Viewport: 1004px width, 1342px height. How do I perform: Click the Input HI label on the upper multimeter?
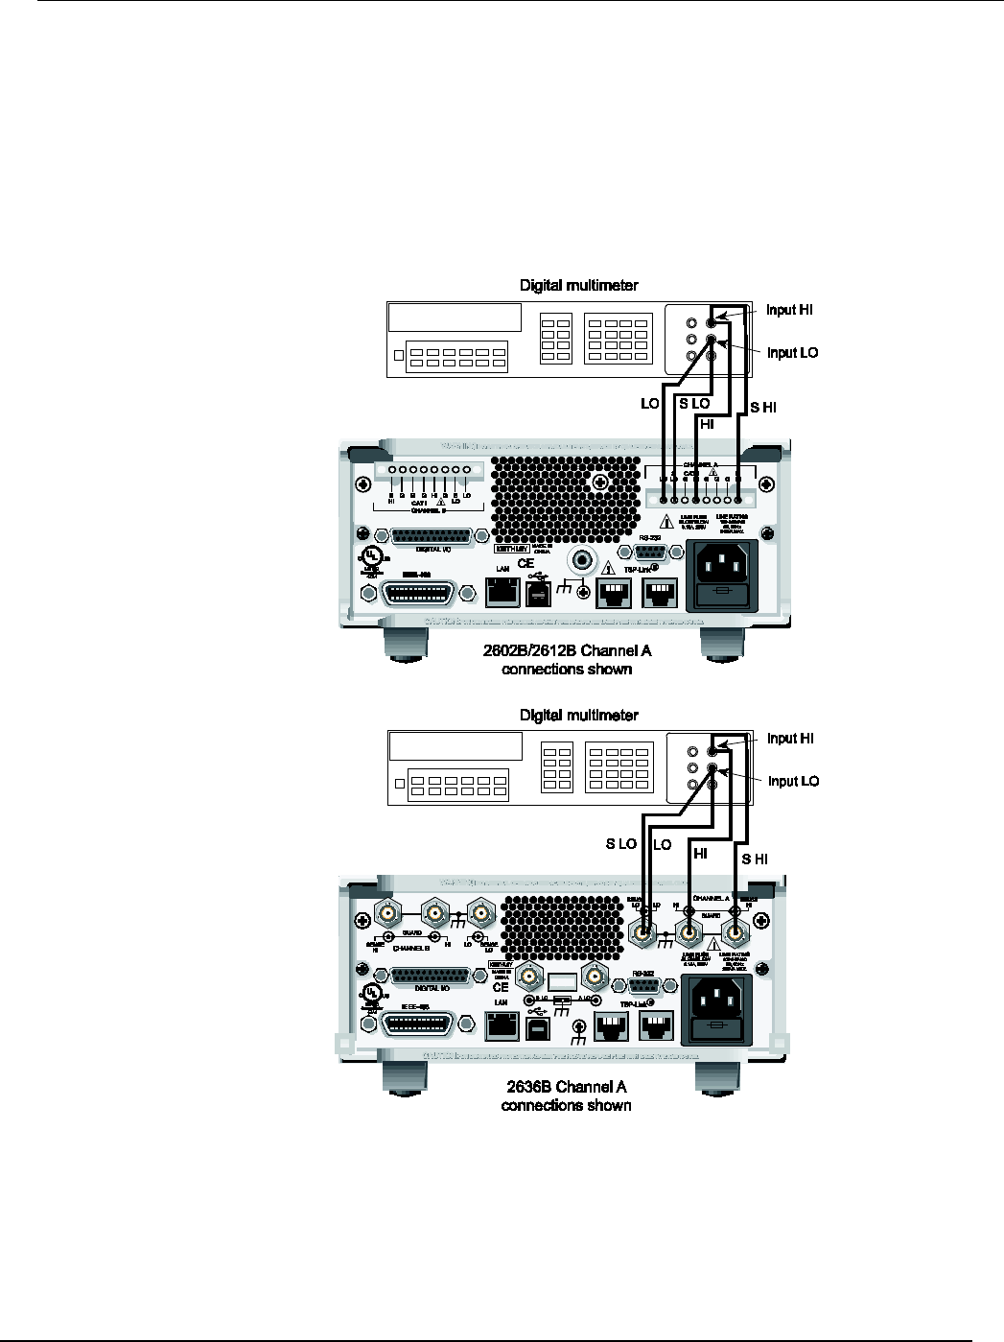[x=790, y=310]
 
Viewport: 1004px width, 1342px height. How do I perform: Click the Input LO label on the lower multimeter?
[x=793, y=781]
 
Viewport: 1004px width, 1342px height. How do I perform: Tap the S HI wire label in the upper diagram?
[x=763, y=408]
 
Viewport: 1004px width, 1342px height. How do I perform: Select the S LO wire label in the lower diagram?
[x=621, y=844]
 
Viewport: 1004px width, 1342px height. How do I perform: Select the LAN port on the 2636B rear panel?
[x=501, y=1027]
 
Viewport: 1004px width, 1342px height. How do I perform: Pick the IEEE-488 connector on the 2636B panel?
[x=421, y=1024]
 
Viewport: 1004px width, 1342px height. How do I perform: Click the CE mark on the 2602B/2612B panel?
[x=525, y=564]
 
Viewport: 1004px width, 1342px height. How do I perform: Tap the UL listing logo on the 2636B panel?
[x=372, y=991]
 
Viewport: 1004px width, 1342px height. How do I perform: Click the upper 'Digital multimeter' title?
[x=578, y=285]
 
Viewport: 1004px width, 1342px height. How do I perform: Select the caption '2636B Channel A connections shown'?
[x=566, y=1095]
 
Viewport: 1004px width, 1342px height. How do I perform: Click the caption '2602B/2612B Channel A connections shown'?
[x=567, y=660]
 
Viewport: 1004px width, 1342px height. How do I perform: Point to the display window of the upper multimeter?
[x=455, y=318]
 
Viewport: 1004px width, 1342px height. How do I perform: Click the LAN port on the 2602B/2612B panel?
[x=501, y=593]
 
